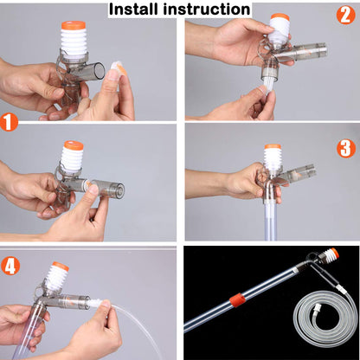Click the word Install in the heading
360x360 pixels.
[138, 10]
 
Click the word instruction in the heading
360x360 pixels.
[208, 10]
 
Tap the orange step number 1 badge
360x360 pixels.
[10, 121]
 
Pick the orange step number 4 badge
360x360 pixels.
[11, 265]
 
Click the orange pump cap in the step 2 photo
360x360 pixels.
[279, 17]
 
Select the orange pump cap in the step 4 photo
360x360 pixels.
[60, 267]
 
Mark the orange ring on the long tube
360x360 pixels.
[235, 300]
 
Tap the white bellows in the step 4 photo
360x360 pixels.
[58, 280]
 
